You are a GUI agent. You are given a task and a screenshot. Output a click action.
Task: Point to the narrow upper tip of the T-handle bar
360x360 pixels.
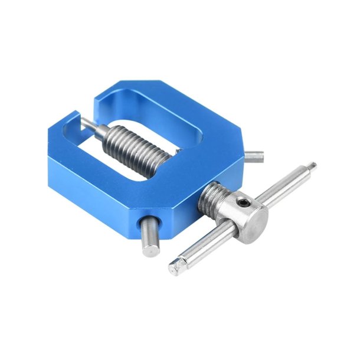click(311, 168)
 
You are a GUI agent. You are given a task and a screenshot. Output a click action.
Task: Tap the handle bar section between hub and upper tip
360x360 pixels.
click(283, 186)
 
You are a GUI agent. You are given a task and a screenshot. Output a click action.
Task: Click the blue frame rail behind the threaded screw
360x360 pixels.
click(177, 106)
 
